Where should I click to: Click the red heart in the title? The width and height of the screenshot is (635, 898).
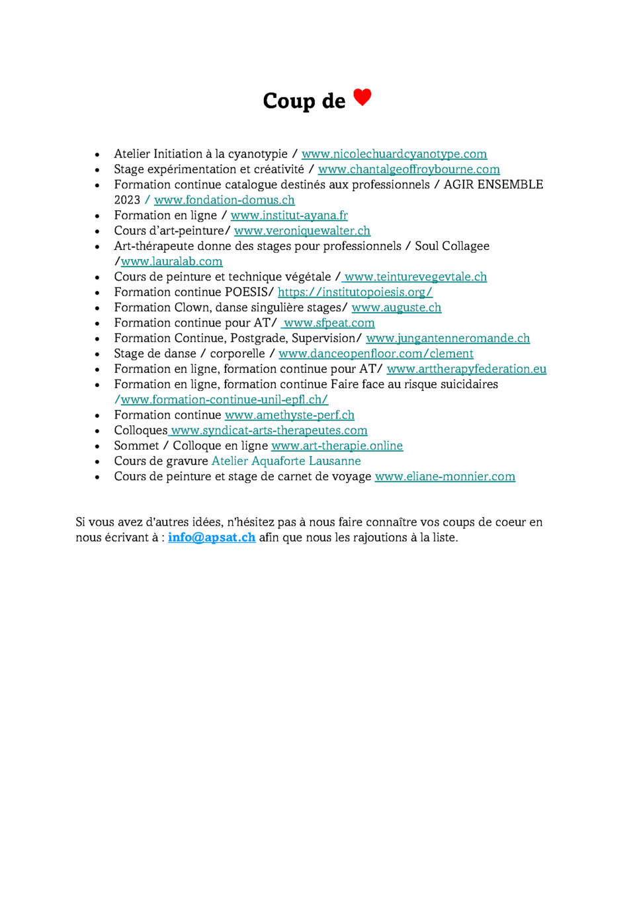click(362, 97)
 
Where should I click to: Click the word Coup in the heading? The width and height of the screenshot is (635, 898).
click(288, 101)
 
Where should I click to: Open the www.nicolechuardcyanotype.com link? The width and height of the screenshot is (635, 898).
click(394, 154)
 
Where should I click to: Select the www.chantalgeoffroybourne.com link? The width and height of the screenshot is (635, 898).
click(409, 169)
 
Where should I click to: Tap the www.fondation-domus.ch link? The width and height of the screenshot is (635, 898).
click(224, 200)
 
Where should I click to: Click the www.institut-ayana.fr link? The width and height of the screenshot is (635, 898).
click(289, 216)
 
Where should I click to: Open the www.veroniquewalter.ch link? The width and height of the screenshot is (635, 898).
click(302, 231)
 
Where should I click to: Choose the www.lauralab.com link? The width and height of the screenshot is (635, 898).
click(171, 261)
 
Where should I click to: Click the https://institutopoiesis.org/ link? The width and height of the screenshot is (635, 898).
click(355, 292)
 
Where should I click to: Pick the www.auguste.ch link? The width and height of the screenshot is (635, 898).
click(396, 307)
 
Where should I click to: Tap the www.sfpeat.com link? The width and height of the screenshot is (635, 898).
click(329, 323)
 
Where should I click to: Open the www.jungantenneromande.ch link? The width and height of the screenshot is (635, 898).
click(448, 339)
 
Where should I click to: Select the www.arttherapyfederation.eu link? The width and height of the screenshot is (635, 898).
click(466, 369)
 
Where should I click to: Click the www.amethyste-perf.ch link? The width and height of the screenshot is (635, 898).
click(290, 415)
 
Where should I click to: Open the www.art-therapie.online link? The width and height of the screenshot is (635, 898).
click(337, 446)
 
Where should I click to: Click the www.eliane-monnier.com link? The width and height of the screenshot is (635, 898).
click(444, 477)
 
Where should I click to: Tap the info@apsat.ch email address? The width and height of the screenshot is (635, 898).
click(212, 538)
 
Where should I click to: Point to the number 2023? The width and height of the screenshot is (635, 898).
click(127, 200)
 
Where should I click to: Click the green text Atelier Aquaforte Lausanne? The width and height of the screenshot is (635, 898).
click(286, 461)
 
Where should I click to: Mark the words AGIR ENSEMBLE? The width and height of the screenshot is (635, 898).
click(493, 184)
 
